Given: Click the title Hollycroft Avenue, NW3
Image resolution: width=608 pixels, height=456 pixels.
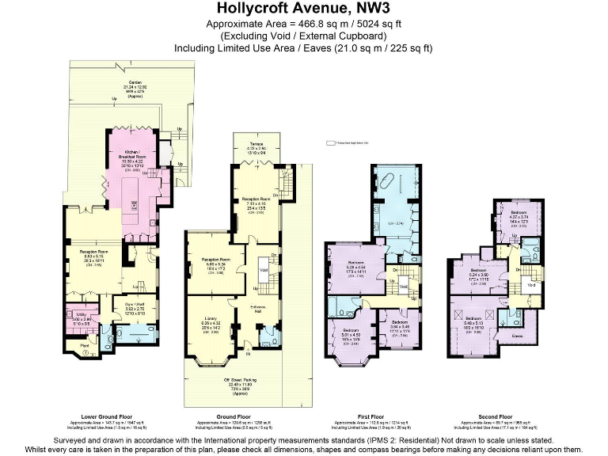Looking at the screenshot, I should pyautogui.click(x=303, y=9).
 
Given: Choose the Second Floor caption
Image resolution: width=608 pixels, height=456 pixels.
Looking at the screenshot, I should pyautogui.click(x=495, y=416).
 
